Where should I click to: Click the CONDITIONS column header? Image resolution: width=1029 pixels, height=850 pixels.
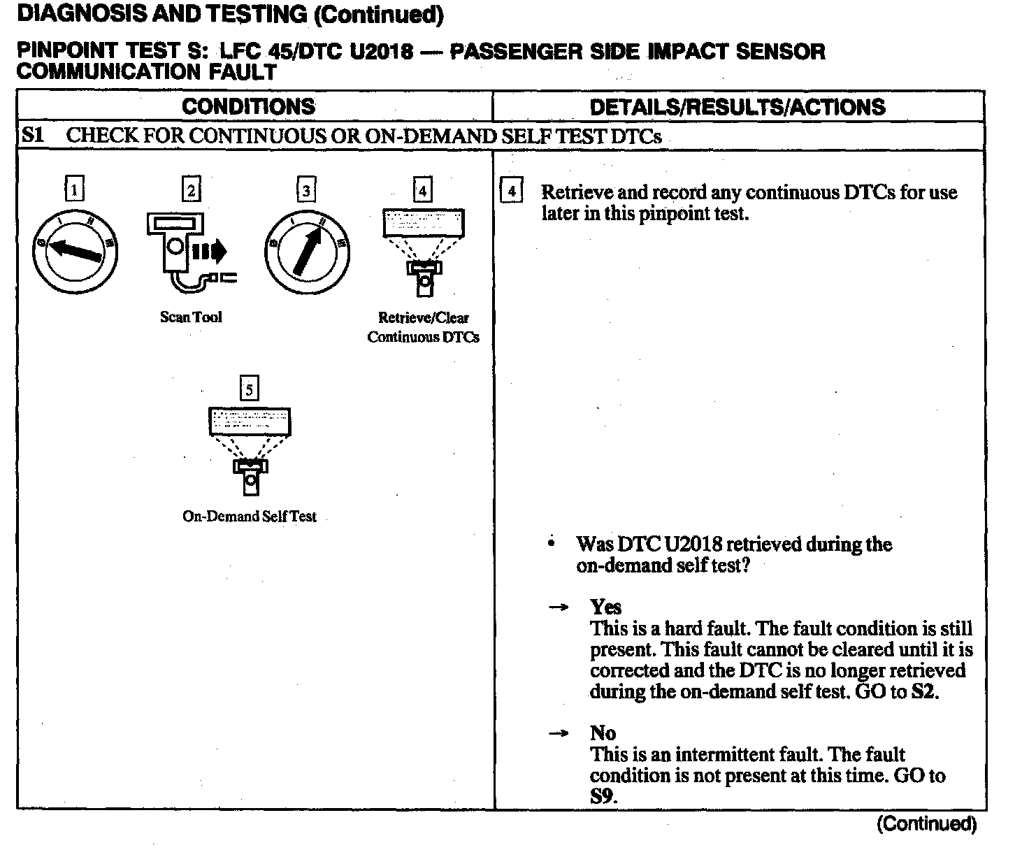coord(248,106)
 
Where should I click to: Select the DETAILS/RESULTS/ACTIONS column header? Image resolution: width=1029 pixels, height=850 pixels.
coord(737,107)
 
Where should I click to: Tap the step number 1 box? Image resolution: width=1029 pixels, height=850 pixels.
coord(74,189)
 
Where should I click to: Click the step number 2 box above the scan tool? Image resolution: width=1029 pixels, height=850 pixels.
coord(191,189)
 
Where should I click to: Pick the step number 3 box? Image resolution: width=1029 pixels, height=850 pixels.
coord(306,189)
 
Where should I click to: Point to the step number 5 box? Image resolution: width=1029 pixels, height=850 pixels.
coord(249,389)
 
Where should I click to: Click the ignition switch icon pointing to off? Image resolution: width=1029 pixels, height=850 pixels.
coord(74,251)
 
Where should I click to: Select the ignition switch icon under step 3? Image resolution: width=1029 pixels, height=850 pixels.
coord(307,251)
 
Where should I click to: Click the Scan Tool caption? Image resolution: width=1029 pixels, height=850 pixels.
coord(191,317)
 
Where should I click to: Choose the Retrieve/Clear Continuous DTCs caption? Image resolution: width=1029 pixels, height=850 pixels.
coord(424,327)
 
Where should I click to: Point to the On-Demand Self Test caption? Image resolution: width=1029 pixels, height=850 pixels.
coord(250,517)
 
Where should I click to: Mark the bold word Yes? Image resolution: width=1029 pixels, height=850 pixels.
coord(605,607)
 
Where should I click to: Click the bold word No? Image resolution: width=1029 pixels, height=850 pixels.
coord(603,733)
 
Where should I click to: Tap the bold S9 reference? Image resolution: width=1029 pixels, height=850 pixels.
coord(603,796)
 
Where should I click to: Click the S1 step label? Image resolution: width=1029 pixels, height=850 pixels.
coord(33,135)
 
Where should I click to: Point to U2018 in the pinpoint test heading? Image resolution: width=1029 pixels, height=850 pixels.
coord(381,52)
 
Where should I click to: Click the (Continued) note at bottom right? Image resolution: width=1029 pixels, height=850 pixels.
coord(926,824)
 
